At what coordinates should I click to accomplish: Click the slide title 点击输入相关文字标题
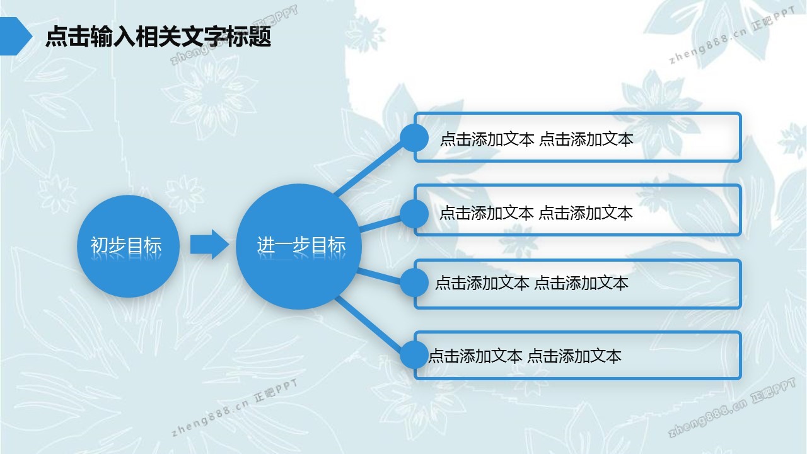coord(158,36)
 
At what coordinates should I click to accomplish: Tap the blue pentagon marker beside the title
coord(16,36)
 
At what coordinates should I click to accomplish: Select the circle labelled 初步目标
coord(128,246)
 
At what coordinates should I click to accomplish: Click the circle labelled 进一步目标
coord(299,247)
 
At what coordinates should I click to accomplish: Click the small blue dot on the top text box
coord(414,138)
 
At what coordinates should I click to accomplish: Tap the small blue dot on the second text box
coord(414,214)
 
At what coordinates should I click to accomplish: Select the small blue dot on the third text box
coord(414,282)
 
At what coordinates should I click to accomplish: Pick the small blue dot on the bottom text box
coord(414,355)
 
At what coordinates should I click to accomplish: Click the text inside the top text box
coord(537,139)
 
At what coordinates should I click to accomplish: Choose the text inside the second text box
coord(536,213)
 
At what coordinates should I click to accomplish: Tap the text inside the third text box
coord(531,283)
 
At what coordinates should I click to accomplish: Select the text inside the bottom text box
coord(525,356)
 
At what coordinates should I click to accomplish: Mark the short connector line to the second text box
coord(380,223)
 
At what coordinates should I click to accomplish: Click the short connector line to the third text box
coord(379,276)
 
